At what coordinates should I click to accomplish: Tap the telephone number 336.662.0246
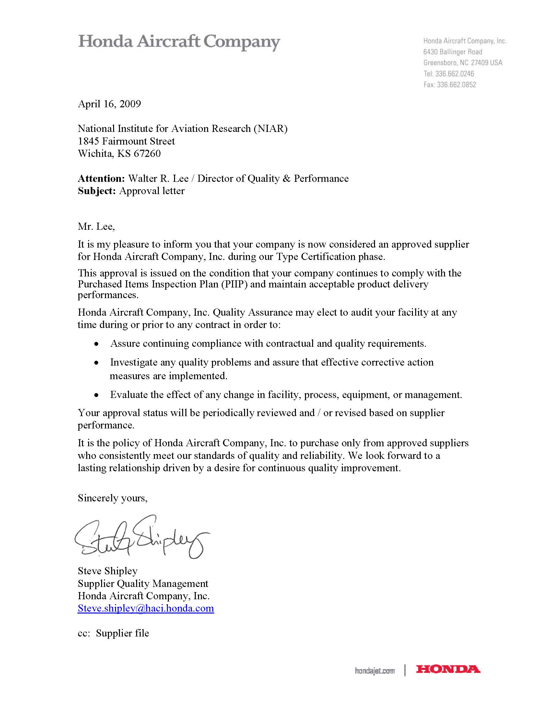454,74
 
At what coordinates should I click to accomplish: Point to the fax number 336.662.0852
456,85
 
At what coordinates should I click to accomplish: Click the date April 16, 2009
109,104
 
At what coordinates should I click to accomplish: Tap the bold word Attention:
101,179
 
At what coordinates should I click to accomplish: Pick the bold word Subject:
97,191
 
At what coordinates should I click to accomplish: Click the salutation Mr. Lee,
96,226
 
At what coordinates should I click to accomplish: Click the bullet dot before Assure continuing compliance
96,344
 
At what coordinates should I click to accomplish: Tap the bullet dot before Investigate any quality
96,363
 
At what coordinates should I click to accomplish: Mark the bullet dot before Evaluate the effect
96,395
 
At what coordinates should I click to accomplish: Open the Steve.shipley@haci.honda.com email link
146,608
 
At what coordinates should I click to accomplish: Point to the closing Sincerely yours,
112,498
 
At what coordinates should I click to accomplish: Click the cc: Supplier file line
113,633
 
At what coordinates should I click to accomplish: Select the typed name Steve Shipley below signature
107,571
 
